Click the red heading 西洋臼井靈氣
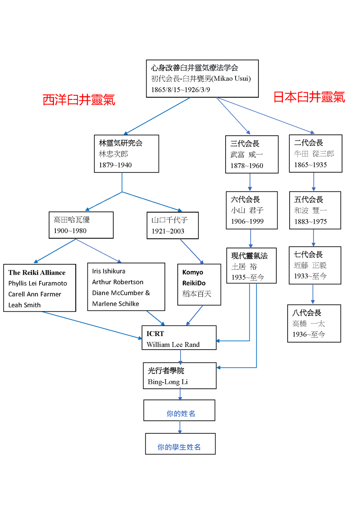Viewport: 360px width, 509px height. (79, 100)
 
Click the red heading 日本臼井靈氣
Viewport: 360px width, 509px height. (309, 97)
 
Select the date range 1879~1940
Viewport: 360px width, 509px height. (115, 165)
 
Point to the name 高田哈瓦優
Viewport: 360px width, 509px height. (72, 220)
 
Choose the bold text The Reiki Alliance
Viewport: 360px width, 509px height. (37, 273)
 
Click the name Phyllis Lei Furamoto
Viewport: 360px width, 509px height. (37, 283)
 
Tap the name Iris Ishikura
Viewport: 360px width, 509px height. (109, 271)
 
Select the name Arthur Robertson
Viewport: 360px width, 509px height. (118, 282)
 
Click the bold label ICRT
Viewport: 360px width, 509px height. (155, 334)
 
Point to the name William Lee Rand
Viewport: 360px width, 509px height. (173, 345)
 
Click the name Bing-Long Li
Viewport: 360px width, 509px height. (168, 382)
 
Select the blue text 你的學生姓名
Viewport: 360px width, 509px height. (179, 447)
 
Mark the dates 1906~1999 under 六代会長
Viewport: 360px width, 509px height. (247, 221)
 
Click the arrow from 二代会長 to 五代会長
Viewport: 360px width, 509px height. (313, 182)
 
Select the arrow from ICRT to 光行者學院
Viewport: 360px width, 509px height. (180, 356)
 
